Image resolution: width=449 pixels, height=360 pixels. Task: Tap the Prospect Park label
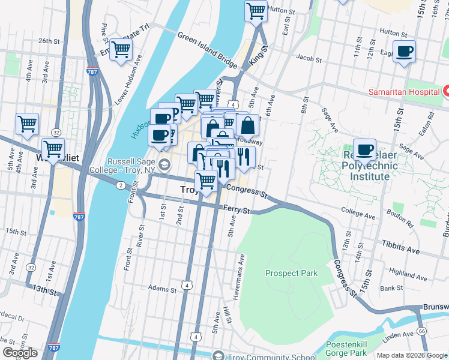[x=292, y=274]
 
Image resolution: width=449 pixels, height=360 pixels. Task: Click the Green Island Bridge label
[x=208, y=47]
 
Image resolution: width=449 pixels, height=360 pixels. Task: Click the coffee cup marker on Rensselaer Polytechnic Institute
[x=364, y=149]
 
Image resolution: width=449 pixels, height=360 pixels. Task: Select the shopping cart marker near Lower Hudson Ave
[x=121, y=50]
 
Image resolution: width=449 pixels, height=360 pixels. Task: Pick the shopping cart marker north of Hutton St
[x=256, y=11]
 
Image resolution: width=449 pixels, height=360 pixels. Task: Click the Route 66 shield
[x=422, y=331]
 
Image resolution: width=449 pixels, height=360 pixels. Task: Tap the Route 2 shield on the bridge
[x=121, y=185]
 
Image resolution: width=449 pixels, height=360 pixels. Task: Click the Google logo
[x=20, y=353]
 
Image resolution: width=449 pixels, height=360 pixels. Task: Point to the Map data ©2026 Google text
[x=411, y=355]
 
